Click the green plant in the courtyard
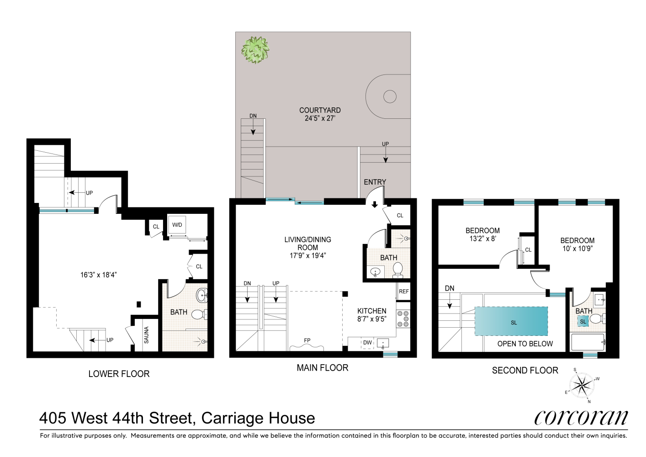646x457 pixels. click(255, 49)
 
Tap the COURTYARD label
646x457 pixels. click(320, 110)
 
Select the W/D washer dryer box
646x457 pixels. click(177, 225)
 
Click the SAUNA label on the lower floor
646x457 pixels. click(147, 335)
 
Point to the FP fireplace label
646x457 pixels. click(307, 340)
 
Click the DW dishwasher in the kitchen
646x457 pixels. click(367, 343)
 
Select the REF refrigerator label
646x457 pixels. click(404, 292)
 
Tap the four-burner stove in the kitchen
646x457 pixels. click(403, 319)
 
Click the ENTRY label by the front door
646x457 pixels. click(375, 182)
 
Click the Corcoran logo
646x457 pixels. click(581, 417)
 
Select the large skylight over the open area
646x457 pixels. click(511, 321)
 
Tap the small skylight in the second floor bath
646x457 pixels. click(583, 322)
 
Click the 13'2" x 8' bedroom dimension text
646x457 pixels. click(482, 239)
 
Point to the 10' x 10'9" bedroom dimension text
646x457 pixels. click(577, 249)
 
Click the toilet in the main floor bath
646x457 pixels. click(398, 270)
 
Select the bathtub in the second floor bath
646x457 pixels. click(588, 342)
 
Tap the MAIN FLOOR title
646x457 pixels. click(323, 368)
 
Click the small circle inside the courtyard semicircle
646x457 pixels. click(390, 96)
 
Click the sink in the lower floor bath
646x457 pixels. click(201, 296)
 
